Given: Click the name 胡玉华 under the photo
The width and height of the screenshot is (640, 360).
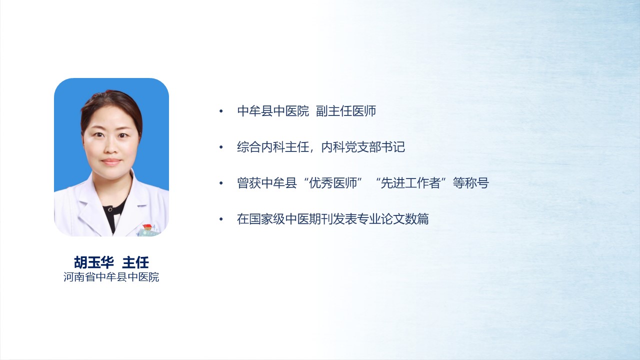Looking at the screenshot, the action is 94,262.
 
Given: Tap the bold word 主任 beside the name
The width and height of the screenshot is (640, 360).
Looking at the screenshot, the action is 135,262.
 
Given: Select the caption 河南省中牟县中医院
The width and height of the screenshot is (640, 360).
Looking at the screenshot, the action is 111,277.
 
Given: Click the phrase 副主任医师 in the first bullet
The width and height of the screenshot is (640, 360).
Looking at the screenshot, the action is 346,111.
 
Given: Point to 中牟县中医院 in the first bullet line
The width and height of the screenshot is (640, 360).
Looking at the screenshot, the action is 273,111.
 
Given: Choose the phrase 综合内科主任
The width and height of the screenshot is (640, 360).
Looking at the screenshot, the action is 273,147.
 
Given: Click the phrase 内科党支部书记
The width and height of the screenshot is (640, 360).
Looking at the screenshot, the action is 363,147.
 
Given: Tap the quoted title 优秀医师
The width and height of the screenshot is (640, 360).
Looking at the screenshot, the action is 333,183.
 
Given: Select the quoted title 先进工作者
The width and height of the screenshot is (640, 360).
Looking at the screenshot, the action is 411,183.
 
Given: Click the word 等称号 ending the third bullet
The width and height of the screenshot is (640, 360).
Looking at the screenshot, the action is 471,183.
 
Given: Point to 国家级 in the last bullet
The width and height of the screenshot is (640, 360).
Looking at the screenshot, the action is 267,219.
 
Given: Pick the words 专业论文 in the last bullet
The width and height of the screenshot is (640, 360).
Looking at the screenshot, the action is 381,219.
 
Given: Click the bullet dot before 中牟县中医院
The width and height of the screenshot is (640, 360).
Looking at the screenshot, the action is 221,111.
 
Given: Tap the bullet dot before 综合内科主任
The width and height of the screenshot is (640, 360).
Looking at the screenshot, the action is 221,147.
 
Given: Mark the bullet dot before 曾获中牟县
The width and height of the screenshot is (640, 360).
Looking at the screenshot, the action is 221,183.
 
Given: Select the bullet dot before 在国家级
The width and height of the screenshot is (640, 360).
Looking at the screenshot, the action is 221,219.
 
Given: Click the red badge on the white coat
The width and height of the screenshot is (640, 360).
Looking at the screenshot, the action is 147,226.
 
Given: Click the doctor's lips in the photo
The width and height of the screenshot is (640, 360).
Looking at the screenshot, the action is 111,162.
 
